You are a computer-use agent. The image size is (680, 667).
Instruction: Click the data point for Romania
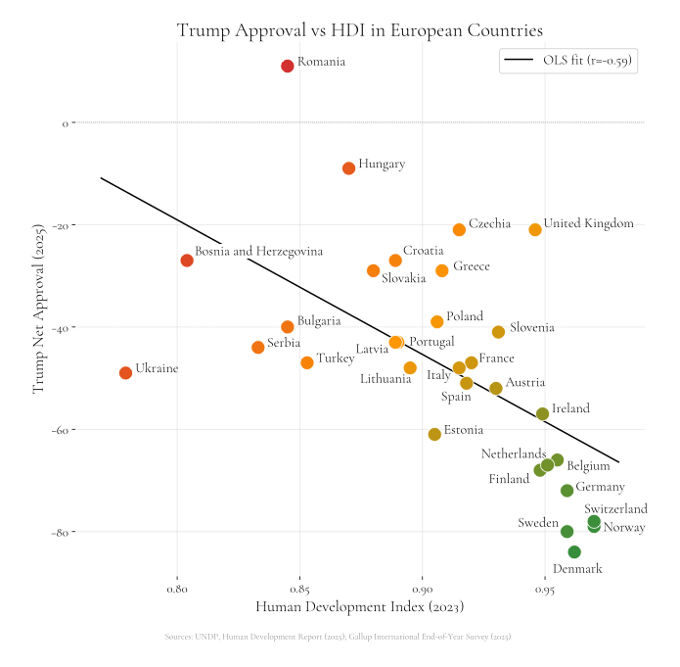[288, 67]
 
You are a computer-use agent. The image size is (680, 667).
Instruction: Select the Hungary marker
[349, 168]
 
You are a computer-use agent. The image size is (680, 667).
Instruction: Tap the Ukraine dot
[125, 373]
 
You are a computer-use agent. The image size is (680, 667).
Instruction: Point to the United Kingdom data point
[535, 230]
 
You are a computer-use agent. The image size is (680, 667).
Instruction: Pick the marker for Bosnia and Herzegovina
[187, 261]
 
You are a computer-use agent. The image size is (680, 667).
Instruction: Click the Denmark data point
[574, 552]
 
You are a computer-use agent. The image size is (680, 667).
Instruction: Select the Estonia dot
[434, 434]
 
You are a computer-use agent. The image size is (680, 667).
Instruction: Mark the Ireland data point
[543, 414]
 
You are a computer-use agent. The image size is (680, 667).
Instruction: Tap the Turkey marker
[307, 362]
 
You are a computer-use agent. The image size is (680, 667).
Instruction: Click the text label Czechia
[489, 224]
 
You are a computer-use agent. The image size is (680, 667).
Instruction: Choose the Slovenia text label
[531, 328]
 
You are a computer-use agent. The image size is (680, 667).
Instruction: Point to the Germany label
[600, 487]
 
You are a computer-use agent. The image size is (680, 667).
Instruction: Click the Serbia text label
[284, 344]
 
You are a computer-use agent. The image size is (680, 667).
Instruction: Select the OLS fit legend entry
[568, 61]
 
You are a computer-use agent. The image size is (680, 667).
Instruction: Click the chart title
[359, 30]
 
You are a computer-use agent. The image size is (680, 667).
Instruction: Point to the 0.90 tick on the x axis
[423, 591]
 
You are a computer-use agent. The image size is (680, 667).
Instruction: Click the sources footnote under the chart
[339, 637]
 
